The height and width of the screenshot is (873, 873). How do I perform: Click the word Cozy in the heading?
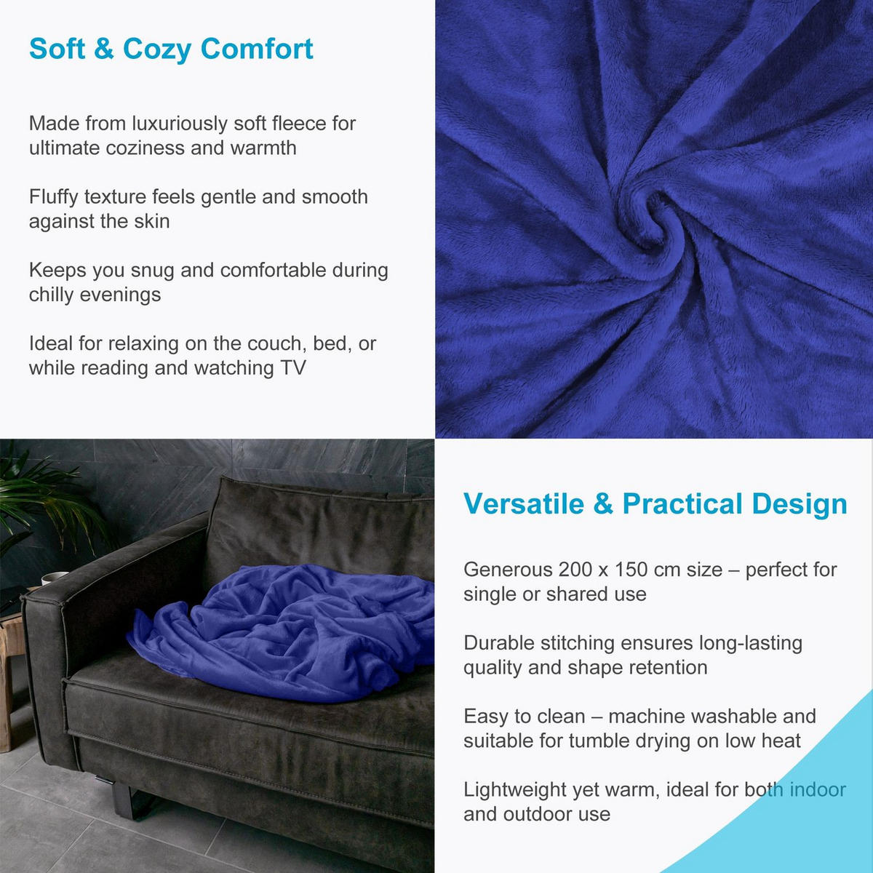[x=157, y=49]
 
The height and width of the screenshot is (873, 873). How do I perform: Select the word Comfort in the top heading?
[x=257, y=49]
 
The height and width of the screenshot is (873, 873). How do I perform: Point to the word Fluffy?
[x=54, y=197]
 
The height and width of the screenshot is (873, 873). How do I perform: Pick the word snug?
[x=152, y=271]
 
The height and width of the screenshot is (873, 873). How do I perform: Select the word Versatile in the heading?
[x=523, y=504]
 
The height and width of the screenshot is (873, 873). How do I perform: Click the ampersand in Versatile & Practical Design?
[x=603, y=504]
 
